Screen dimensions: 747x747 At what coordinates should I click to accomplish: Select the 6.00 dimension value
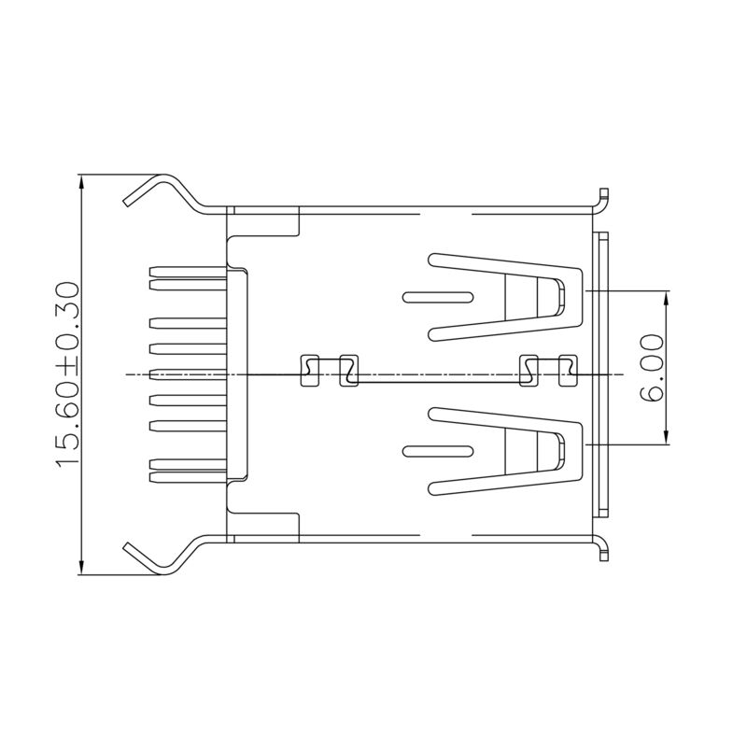(652, 368)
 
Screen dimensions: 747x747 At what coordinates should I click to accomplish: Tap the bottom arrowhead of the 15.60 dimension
(83, 567)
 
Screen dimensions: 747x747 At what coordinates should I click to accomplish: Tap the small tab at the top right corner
(604, 196)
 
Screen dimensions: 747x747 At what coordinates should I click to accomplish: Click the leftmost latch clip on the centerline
(308, 371)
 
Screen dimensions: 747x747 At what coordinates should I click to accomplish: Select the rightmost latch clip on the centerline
(568, 371)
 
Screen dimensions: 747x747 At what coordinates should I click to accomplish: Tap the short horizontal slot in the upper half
(437, 298)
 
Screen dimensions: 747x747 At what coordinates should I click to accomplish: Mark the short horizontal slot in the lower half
(437, 452)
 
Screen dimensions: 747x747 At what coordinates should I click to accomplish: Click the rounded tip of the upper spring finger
(562, 298)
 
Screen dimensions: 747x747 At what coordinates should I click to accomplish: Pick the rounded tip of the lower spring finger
(562, 452)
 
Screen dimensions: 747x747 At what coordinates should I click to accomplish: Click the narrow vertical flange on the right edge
(601, 373)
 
